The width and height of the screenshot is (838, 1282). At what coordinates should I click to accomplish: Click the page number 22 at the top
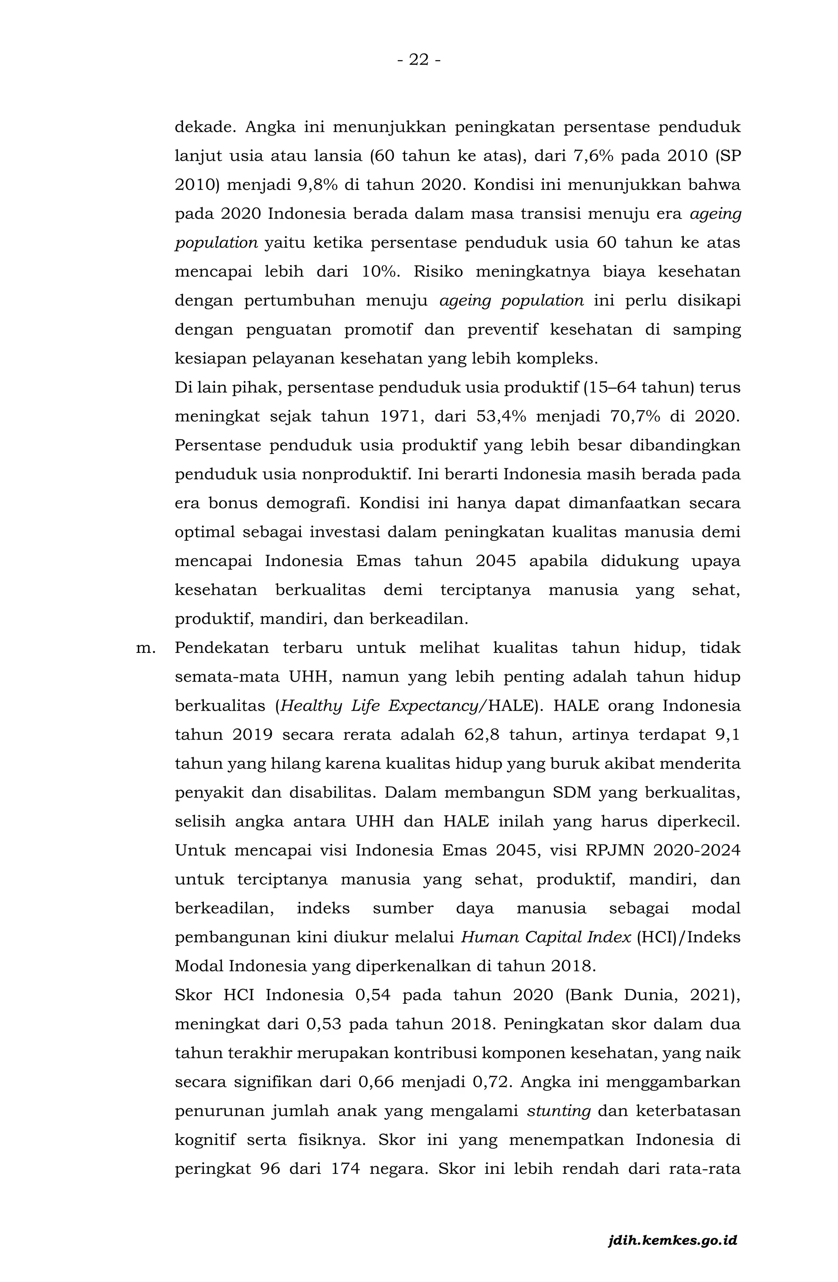(x=419, y=59)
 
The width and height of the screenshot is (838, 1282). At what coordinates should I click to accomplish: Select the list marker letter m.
(x=145, y=648)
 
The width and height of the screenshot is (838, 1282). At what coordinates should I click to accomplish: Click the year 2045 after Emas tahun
(x=496, y=561)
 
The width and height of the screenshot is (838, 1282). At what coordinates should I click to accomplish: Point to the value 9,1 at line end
(x=728, y=735)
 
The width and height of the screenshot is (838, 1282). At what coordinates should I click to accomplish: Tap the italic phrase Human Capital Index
(x=545, y=938)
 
